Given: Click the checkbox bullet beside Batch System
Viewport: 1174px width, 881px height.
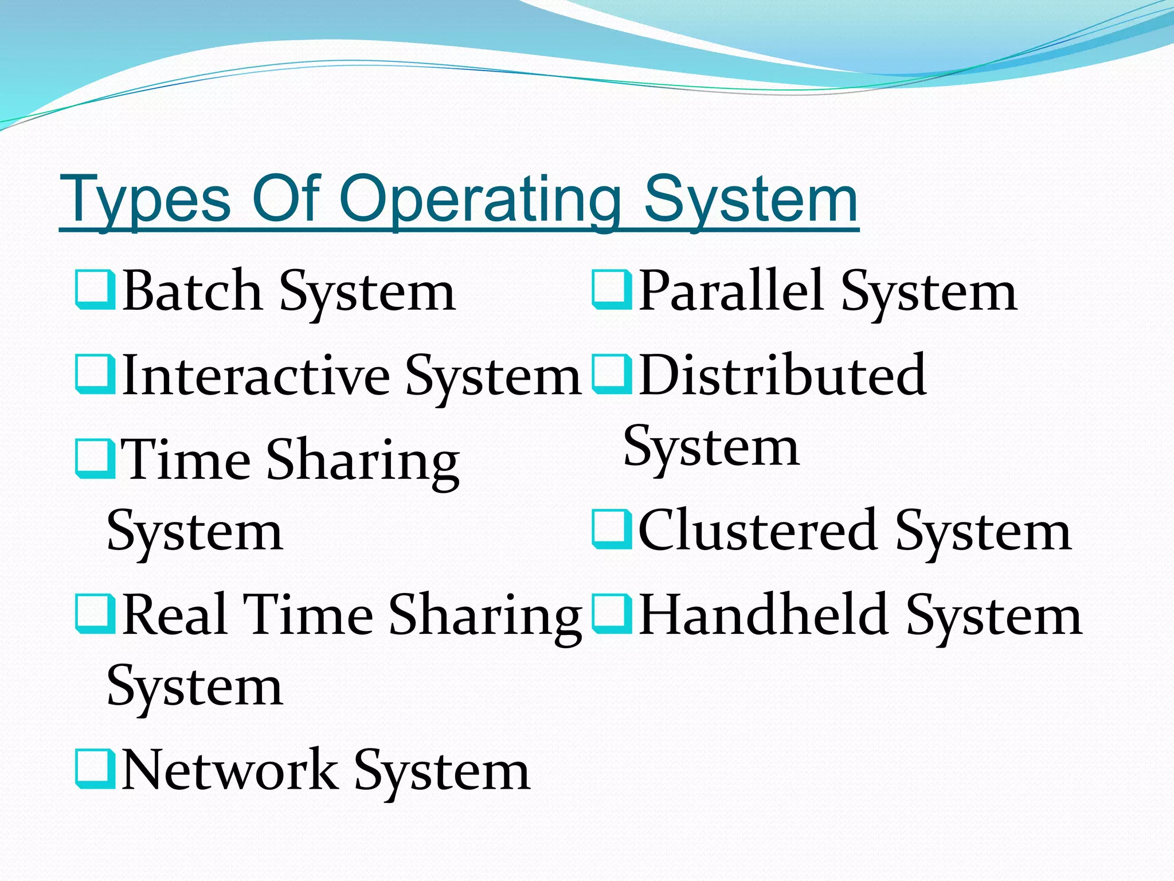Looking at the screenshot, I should pyautogui.click(x=95, y=291).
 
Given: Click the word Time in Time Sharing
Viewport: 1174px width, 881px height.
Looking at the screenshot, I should pyautogui.click(x=187, y=460).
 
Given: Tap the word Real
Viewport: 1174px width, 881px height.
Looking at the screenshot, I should pyautogui.click(x=175, y=615).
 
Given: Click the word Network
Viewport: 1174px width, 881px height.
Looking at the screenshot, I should pyautogui.click(x=230, y=771).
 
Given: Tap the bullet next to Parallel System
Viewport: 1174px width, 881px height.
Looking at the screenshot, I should pyautogui.click(x=612, y=291).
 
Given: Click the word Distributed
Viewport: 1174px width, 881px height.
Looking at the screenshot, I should pyautogui.click(x=782, y=376).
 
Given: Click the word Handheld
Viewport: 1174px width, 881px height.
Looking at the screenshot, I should pyautogui.click(x=763, y=615).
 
